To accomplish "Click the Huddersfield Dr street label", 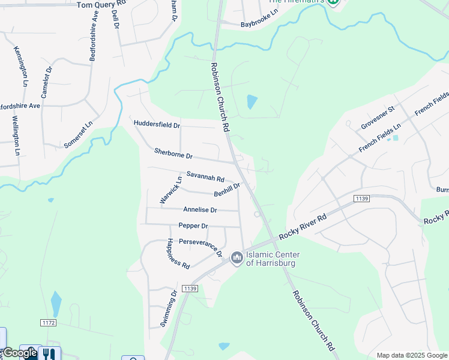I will pos(157,125).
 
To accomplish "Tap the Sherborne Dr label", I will pos(173,154).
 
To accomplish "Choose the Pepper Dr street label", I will pos(193,226).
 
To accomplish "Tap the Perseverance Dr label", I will pos(200,247).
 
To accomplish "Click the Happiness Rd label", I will pos(178,253).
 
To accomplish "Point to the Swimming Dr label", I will pos(168,308).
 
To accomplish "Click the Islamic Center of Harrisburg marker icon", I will pos(237,258).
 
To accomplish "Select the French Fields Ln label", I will pos(379,139).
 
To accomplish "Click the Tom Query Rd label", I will pos(102,4).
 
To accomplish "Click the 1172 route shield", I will pos(49,323).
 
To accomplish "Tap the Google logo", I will pos(20,353).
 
